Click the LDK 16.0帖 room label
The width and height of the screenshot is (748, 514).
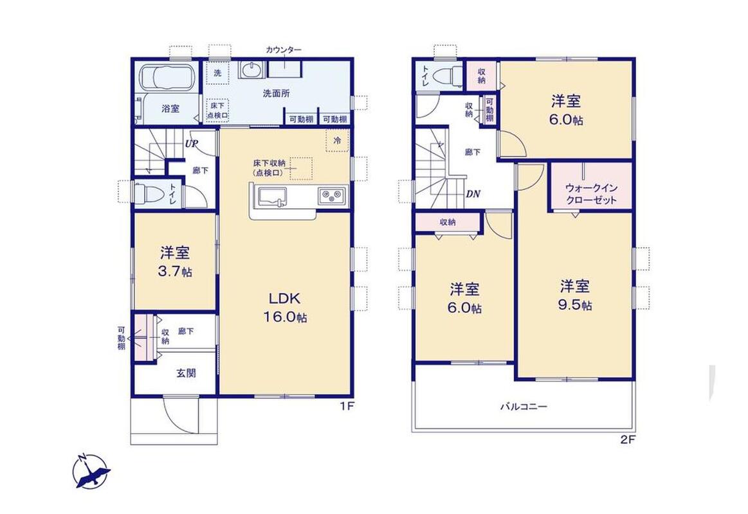coord(286,308)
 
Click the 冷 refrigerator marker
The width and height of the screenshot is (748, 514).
coord(337,141)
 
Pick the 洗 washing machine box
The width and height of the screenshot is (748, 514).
coord(217,73)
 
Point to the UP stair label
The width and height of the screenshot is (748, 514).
coord(192,143)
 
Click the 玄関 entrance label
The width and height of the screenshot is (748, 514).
coord(186,373)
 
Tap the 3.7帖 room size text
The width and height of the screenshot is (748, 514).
coord(175,272)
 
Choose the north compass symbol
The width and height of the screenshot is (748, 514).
coord(91,471)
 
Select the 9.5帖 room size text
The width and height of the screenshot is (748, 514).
coord(575,305)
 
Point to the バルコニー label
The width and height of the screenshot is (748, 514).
coord(524,407)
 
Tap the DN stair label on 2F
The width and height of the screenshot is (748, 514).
coord(473,194)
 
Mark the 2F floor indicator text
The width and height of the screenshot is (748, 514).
coord(628,440)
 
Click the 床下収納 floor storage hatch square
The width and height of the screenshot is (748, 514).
coord(300,168)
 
